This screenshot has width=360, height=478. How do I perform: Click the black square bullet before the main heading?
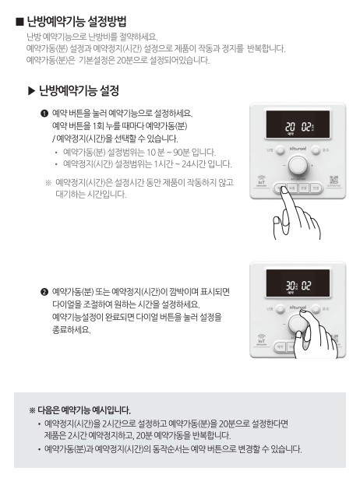19,21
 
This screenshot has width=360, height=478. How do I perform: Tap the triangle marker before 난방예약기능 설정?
32,92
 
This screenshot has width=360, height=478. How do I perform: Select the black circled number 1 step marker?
44,113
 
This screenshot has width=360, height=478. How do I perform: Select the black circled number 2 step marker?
44,291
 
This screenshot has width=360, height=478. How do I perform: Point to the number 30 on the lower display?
289,286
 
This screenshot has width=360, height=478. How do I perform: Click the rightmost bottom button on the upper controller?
316,188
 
